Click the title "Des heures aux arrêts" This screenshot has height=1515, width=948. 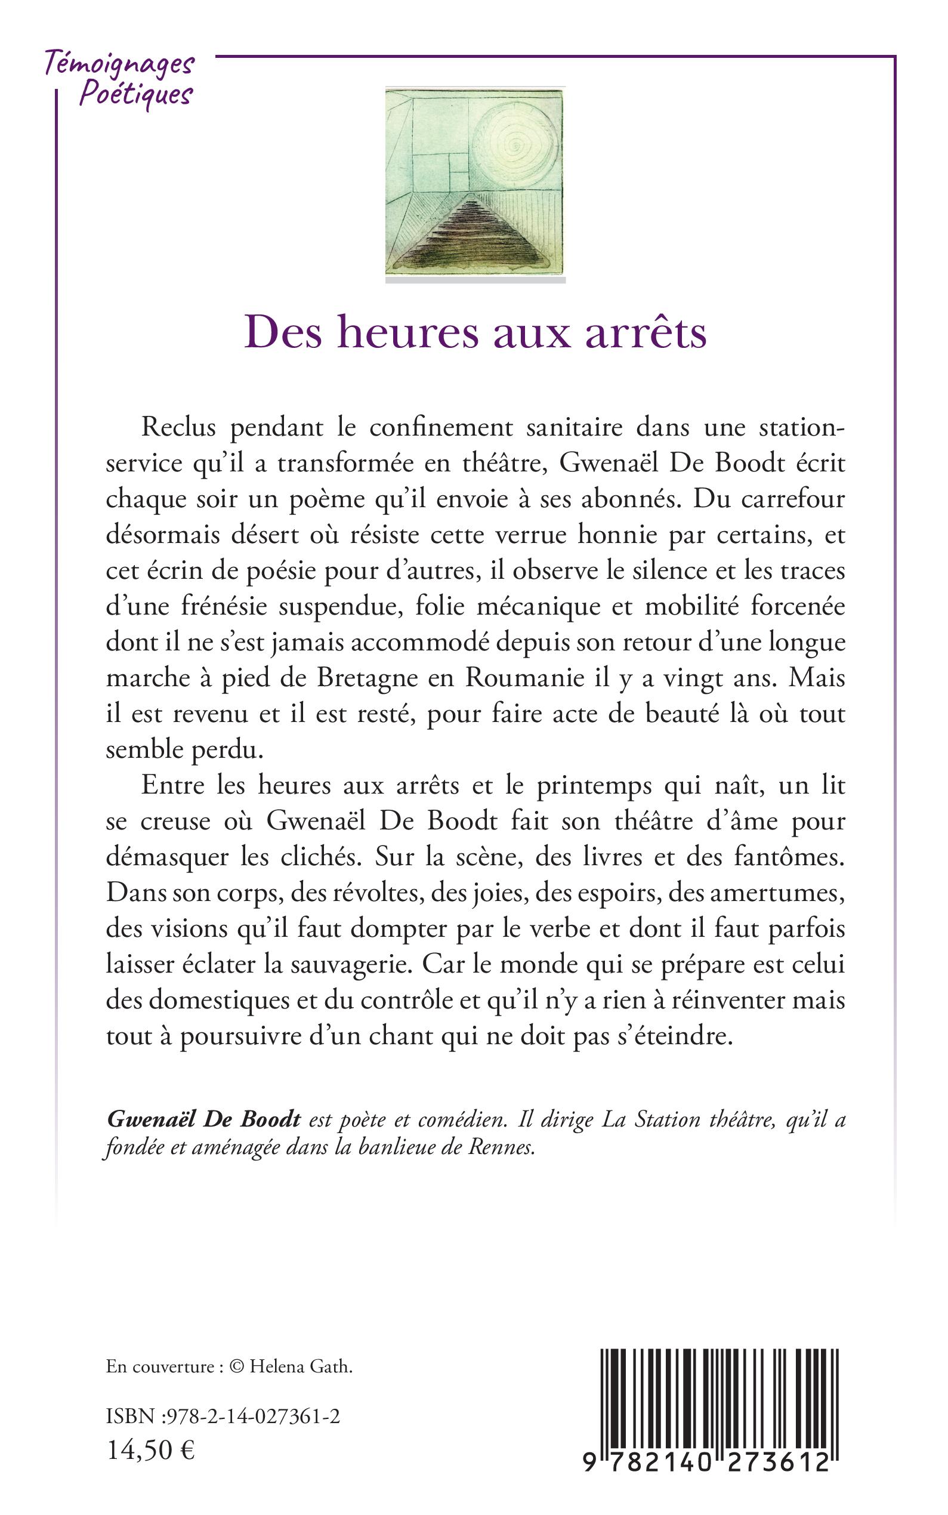click(x=475, y=332)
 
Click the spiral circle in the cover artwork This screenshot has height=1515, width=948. click(x=515, y=138)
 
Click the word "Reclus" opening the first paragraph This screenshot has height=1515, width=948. click(x=179, y=428)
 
